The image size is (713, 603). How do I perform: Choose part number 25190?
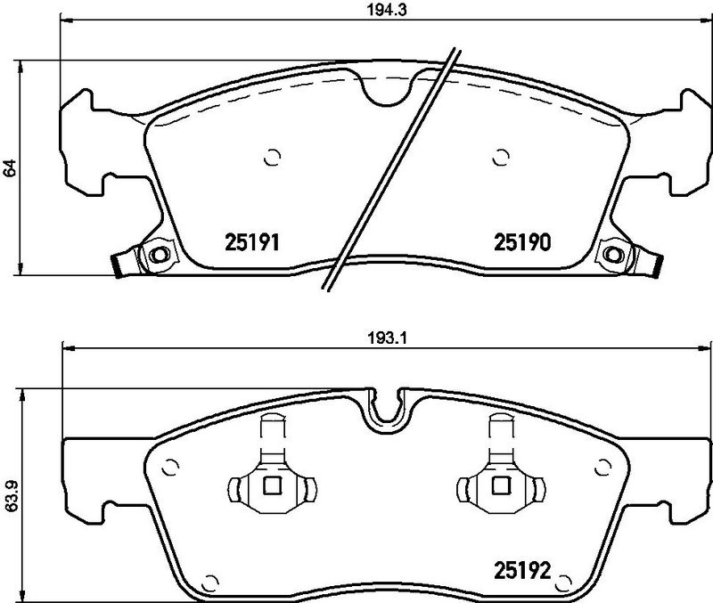[525, 241]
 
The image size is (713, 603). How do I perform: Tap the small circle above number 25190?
[500, 159]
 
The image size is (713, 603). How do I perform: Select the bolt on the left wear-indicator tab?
[160, 255]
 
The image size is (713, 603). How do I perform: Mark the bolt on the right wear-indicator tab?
[614, 255]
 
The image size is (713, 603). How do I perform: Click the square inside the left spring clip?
[273, 485]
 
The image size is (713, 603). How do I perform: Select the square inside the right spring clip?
[499, 485]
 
